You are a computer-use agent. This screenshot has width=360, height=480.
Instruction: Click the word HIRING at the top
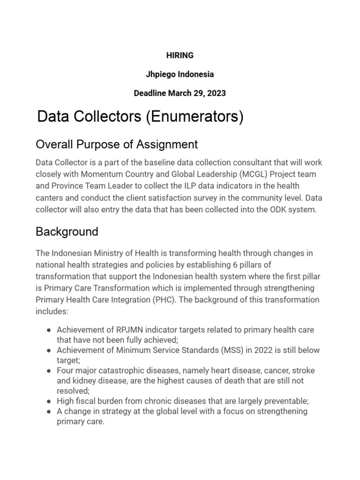point(180,55)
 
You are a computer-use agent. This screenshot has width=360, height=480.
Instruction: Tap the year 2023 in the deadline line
point(217,93)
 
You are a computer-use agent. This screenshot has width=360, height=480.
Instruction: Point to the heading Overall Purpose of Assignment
point(117,144)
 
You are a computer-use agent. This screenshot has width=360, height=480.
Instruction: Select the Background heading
point(67,232)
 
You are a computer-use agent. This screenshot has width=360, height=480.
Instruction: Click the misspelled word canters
point(49,198)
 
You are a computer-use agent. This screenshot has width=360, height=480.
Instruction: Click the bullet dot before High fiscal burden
point(48,401)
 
